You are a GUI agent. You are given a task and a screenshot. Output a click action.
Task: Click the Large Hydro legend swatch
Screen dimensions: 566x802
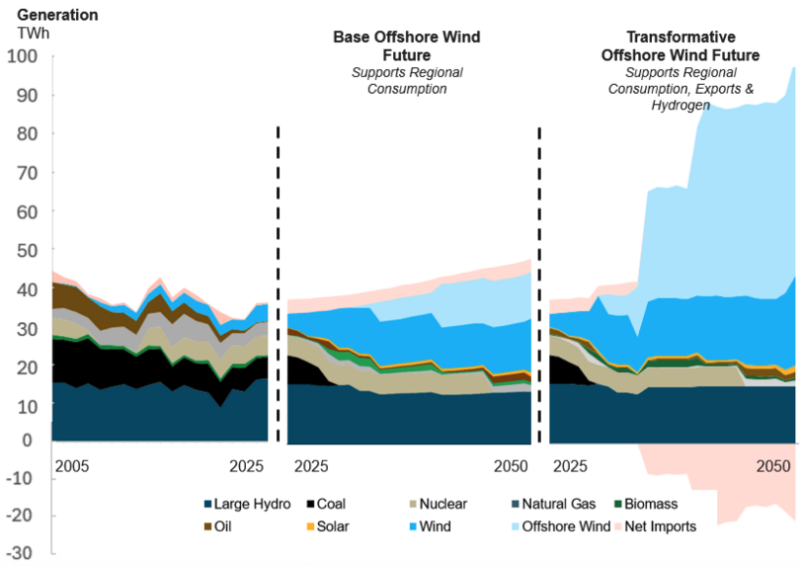[208, 505]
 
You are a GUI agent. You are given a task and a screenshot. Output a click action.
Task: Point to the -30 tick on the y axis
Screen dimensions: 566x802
[23, 554]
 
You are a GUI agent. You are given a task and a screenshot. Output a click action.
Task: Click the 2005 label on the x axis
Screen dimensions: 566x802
[71, 464]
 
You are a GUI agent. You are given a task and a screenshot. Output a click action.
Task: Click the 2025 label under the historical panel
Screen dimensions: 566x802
[247, 464]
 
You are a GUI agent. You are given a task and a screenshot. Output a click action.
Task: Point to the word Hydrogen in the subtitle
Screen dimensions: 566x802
[680, 105]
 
